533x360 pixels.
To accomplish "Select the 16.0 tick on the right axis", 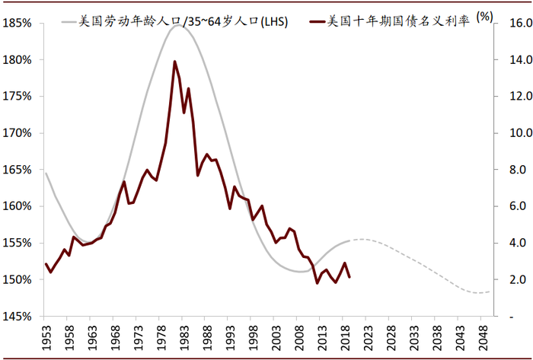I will (509, 23).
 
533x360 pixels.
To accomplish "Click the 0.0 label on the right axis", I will (509, 316).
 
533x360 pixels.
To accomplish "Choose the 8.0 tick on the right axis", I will (509, 170).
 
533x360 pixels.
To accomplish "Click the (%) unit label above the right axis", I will (484, 15).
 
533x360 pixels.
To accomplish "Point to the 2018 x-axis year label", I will (346, 339).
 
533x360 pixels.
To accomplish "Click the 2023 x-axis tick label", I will (369, 339).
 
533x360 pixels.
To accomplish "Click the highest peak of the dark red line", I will (174, 62).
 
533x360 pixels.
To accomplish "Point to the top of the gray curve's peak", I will (178, 25).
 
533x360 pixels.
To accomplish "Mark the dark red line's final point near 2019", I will (349, 277).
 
